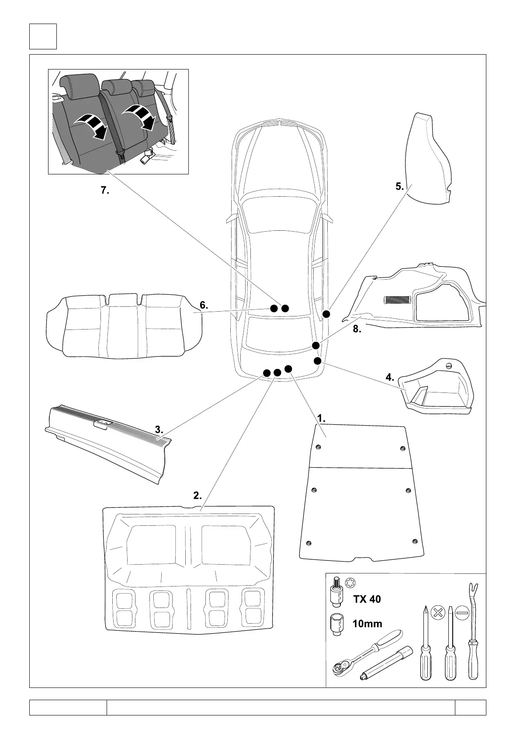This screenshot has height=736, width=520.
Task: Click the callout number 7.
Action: [105, 190]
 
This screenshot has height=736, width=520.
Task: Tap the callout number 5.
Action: [399, 187]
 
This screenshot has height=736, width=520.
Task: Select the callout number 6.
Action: [204, 305]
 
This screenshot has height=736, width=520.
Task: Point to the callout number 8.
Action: [357, 330]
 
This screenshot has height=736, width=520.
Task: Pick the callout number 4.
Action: [390, 377]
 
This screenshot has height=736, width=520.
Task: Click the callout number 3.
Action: [159, 430]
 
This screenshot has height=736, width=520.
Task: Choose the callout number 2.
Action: [198, 496]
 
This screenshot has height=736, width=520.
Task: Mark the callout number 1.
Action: [321, 418]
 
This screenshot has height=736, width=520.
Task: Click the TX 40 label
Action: [367, 599]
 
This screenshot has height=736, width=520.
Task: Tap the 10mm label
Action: [367, 624]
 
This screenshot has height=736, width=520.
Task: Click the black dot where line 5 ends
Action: [326, 314]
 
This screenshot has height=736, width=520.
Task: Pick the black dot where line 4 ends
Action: [318, 361]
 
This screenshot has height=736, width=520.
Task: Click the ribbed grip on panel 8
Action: [397, 300]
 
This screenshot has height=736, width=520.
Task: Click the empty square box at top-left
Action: [43, 36]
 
